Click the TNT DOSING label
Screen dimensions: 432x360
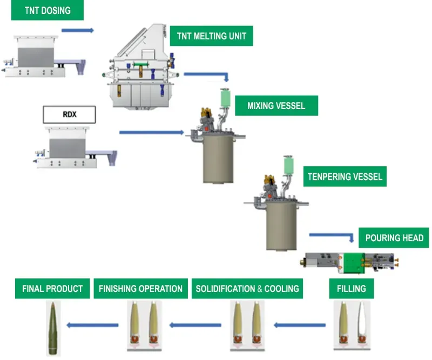click(x=48, y=10)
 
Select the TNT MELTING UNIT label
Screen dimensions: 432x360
click(x=211, y=36)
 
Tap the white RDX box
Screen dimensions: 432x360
click(x=70, y=114)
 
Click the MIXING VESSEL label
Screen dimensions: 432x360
click(x=276, y=105)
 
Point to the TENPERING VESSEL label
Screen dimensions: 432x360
click(x=345, y=176)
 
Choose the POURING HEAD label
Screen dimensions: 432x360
click(x=394, y=237)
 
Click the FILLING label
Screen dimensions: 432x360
click(x=352, y=288)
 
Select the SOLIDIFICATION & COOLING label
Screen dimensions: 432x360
click(x=247, y=288)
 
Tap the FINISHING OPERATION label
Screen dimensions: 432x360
click(x=140, y=288)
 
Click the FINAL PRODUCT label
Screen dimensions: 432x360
click(x=52, y=288)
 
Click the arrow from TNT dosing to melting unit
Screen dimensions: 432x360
click(x=78, y=30)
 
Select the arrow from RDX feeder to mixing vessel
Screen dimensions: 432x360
click(x=152, y=132)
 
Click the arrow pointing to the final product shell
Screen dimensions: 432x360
click(x=92, y=325)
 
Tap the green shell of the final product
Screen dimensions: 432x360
click(x=52, y=328)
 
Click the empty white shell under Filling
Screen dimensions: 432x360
click(x=362, y=323)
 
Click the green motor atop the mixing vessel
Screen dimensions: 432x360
click(x=225, y=98)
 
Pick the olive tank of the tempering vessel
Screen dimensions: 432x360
click(x=281, y=226)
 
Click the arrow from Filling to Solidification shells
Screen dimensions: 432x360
click(x=300, y=325)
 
